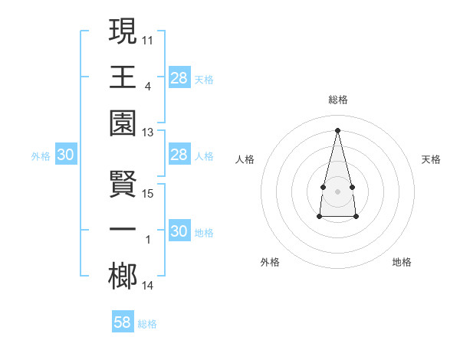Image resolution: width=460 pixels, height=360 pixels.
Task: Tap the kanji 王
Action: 123,77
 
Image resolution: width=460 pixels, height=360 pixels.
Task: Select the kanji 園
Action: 123,123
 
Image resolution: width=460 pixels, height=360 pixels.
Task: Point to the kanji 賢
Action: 123,184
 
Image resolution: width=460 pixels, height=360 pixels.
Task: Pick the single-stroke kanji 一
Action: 123,231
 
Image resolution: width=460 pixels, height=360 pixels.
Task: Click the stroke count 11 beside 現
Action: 148,38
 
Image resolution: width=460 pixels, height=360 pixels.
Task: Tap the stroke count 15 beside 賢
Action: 148,193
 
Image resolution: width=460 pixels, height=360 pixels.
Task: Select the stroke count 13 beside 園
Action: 148,133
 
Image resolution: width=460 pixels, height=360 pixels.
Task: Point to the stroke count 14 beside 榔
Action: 148,286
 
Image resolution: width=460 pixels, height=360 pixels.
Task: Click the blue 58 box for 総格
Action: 123,322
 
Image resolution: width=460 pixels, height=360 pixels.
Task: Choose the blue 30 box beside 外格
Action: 65,155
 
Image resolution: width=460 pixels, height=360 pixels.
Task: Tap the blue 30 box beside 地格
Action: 179,231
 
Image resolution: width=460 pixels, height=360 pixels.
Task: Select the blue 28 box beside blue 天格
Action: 179,77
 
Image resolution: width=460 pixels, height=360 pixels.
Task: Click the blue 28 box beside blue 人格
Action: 179,155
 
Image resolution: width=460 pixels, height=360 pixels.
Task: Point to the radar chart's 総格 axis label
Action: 337,100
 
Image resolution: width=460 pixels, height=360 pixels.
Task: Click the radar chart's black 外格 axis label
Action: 270,262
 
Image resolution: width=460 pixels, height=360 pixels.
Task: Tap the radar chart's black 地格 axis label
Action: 402,262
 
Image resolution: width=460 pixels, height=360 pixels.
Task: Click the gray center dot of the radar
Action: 337,190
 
